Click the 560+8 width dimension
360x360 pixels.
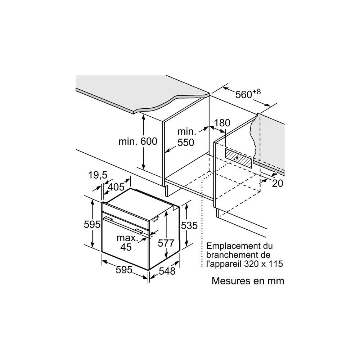click(x=248, y=94)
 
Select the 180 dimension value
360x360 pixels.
click(x=222, y=123)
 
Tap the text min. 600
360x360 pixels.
click(x=138, y=141)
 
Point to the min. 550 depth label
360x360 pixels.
click(x=186, y=137)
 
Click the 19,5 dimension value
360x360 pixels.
click(x=98, y=175)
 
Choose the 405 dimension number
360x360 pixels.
click(x=116, y=187)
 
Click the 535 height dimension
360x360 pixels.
click(x=189, y=225)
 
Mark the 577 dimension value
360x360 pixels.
click(x=166, y=243)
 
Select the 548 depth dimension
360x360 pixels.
click(x=167, y=271)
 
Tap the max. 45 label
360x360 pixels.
click(x=127, y=242)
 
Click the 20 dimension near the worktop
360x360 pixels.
click(x=278, y=183)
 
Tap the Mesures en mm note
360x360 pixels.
click(x=248, y=281)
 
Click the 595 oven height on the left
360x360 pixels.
click(x=92, y=224)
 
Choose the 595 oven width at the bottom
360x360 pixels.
click(x=124, y=270)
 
